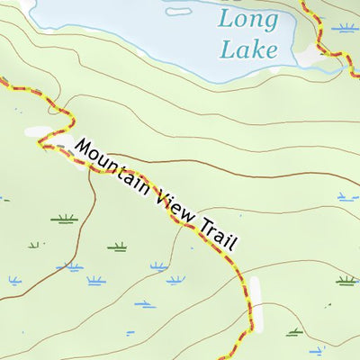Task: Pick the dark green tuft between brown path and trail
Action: (x=117, y=246)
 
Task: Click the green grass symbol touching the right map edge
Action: (x=346, y=281)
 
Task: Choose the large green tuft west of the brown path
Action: (x=64, y=219)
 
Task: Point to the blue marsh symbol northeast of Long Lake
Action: (x=344, y=28)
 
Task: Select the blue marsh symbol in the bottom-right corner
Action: (x=316, y=349)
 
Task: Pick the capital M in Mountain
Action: (x=84, y=147)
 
